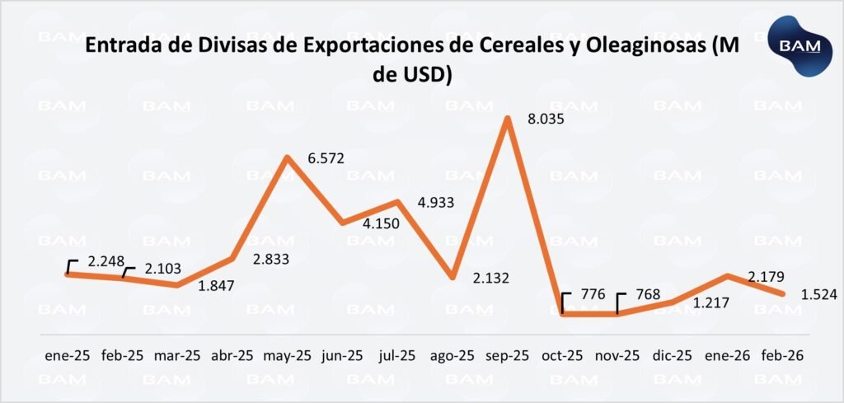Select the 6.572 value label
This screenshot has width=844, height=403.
[x=327, y=158]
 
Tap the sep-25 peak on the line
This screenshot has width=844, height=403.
[x=508, y=118]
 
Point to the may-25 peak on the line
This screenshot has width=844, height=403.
[x=287, y=157]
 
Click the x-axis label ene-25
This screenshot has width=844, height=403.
[x=67, y=356]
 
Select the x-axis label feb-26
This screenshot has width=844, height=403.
[x=782, y=356]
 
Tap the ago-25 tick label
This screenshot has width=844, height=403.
[x=452, y=356]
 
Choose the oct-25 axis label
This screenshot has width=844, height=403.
[x=563, y=356]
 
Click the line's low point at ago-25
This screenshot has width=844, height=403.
[x=452, y=277]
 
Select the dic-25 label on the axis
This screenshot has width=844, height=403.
[x=672, y=356]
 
